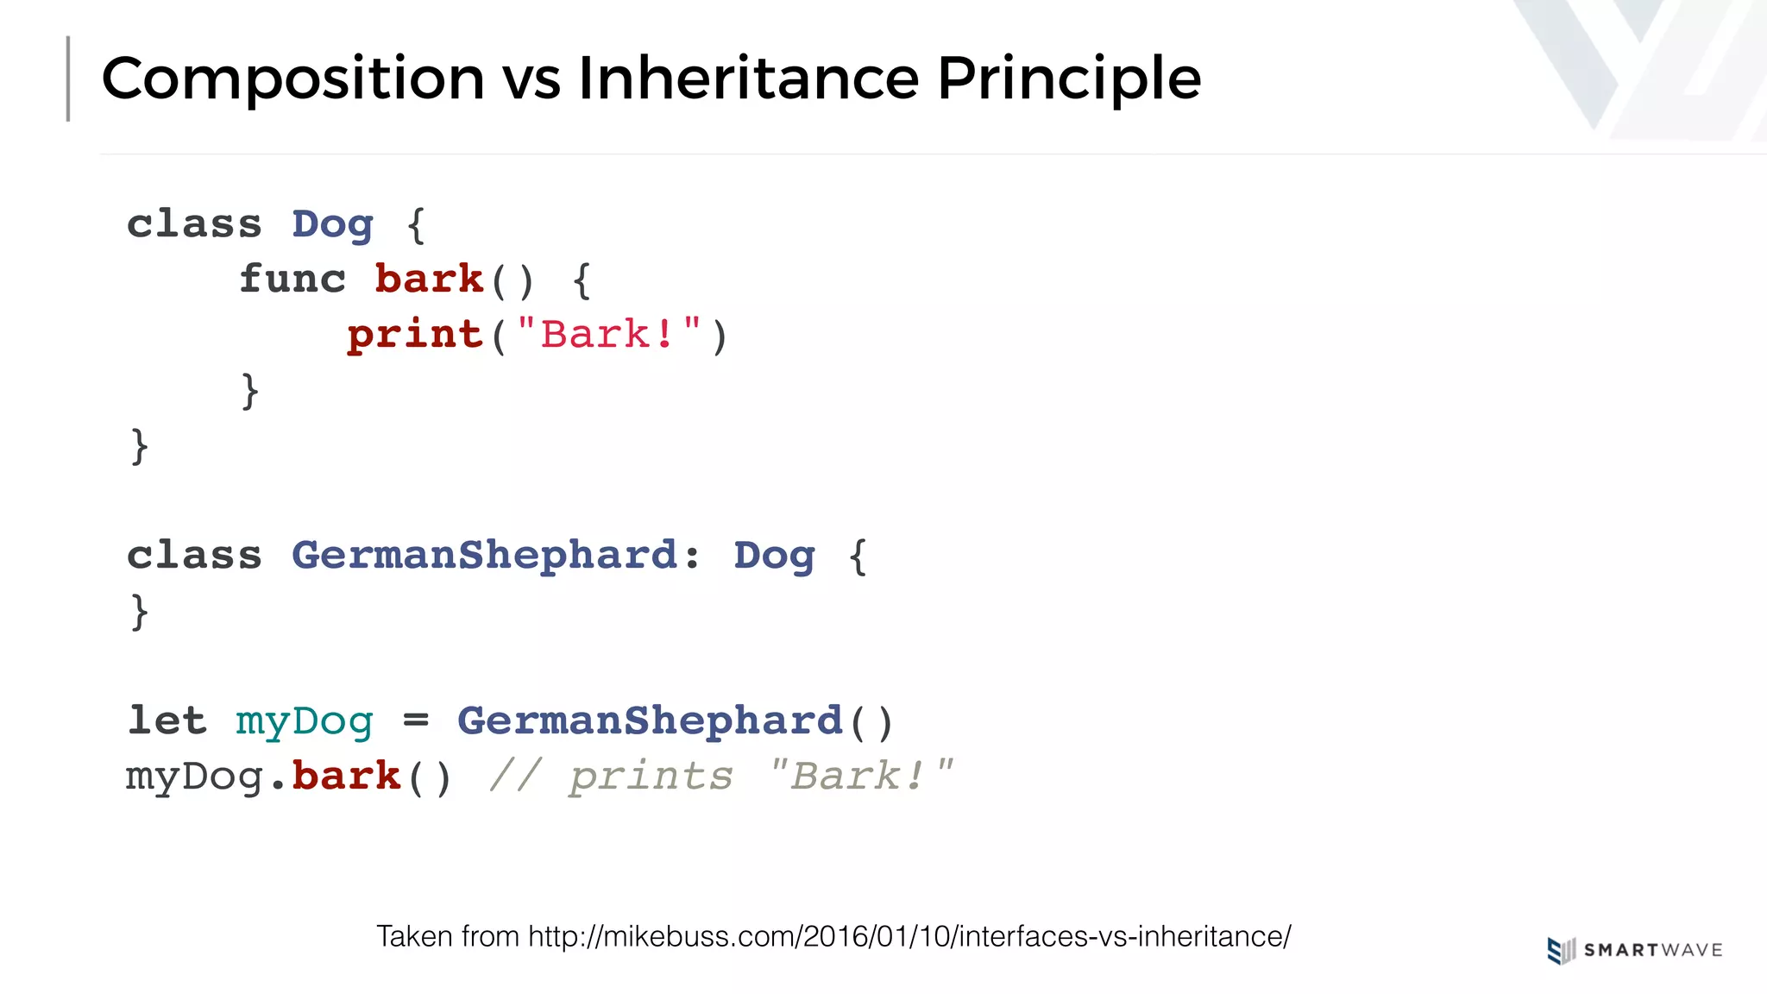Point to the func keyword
[x=292, y=280]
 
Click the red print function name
[x=415, y=335]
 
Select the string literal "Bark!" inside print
[x=609, y=335]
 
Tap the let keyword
[x=167, y=720]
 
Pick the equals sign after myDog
[x=416, y=720]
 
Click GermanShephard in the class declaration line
[x=485, y=556]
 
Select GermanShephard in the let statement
[x=650, y=721]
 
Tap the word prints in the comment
[x=651, y=777]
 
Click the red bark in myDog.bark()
[x=347, y=776]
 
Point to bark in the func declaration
[x=429, y=280]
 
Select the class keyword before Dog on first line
[x=194, y=224]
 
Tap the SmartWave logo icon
[x=1561, y=950]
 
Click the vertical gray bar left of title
[x=68, y=79]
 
